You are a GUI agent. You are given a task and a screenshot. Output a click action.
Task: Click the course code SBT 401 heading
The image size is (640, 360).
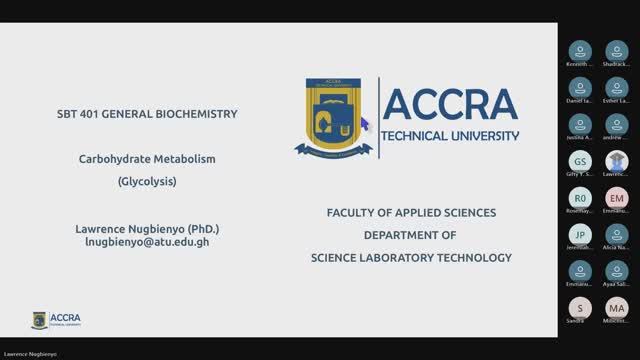(x=147, y=114)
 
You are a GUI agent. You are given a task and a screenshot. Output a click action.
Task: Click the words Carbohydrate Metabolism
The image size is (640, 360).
(x=147, y=158)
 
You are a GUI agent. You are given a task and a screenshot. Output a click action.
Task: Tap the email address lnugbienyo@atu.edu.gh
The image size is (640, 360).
(x=147, y=242)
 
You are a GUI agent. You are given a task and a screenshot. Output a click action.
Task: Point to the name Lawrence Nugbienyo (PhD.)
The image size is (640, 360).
(x=147, y=227)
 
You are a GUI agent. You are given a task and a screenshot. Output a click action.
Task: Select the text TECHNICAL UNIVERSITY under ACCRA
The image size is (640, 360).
(x=451, y=136)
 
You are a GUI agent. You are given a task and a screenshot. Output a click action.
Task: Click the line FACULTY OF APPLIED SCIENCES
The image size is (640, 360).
(x=411, y=213)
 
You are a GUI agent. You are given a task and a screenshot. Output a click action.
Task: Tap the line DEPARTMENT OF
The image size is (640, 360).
(x=411, y=235)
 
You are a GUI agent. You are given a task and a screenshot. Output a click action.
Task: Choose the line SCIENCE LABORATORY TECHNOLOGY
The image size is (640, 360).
(x=411, y=257)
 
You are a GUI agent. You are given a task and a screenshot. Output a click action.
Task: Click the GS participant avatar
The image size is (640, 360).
(x=580, y=161)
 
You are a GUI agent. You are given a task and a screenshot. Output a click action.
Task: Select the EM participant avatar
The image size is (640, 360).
(x=616, y=198)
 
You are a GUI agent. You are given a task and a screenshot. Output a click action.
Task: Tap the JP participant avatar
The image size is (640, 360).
(x=580, y=234)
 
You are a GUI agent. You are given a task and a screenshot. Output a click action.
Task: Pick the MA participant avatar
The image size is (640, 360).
(x=616, y=308)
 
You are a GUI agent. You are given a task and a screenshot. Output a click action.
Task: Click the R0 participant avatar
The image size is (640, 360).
(x=580, y=198)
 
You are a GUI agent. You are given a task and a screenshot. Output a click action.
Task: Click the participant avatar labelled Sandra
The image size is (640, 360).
(x=580, y=308)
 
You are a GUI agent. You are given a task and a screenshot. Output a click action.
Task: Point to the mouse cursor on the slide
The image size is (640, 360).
(x=364, y=123)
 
